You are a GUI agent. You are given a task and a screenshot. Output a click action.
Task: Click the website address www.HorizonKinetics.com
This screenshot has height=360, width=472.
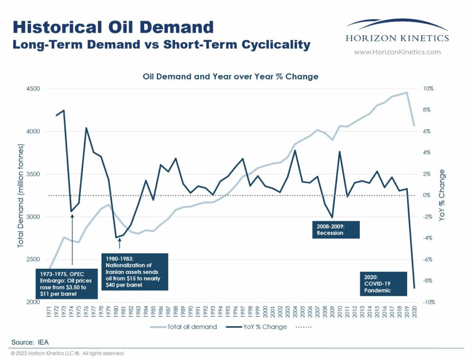397,52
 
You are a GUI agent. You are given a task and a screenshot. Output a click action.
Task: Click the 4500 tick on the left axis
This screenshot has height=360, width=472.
33,89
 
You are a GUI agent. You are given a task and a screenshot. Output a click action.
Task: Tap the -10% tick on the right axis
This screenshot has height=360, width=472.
428,302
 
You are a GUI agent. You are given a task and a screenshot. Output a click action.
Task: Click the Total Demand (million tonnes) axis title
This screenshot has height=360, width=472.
20,195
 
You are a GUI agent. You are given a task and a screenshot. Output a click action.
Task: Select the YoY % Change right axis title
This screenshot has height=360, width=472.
442,195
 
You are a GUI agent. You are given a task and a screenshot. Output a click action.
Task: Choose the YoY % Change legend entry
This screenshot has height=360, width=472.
256,327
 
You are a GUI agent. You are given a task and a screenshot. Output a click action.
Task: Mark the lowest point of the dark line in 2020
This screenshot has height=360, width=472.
414,288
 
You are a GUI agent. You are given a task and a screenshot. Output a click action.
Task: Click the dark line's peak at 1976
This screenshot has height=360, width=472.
86,128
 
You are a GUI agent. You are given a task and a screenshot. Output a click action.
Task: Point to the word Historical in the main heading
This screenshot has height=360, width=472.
56,27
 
